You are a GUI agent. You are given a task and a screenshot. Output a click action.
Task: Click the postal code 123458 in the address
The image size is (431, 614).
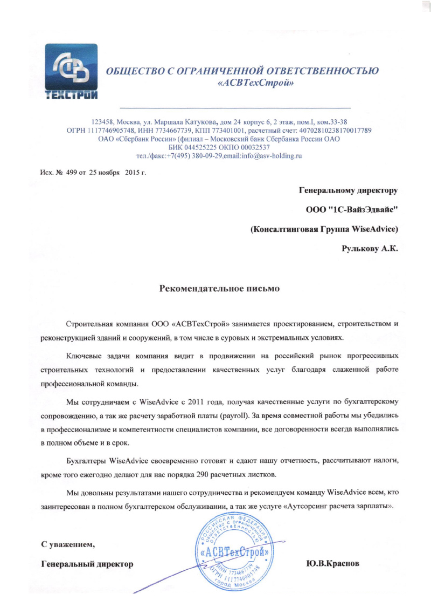[x=104, y=122]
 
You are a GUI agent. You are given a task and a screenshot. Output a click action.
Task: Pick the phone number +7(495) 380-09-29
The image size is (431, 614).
[x=191, y=155]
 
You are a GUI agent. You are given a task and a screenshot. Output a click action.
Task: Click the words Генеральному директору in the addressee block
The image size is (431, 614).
[x=348, y=189]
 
